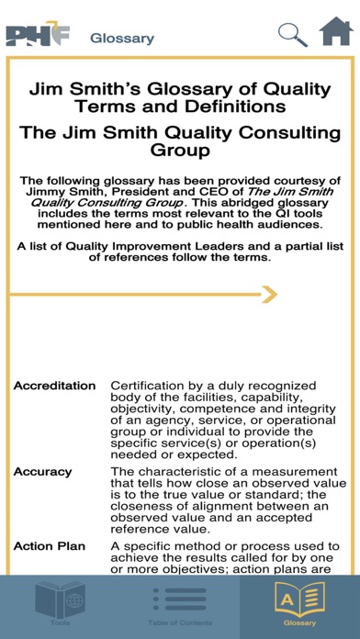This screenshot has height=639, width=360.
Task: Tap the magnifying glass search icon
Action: [x=293, y=35]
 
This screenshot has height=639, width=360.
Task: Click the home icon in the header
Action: [x=336, y=32]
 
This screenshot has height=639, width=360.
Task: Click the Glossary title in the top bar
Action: [x=121, y=39]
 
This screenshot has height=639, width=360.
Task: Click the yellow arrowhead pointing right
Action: [x=268, y=295]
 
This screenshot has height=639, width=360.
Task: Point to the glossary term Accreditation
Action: [x=54, y=386]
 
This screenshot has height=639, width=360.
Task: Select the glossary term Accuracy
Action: [x=42, y=472]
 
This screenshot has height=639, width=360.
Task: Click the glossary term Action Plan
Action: [x=50, y=546]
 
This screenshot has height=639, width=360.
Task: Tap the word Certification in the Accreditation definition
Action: [x=152, y=386]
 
